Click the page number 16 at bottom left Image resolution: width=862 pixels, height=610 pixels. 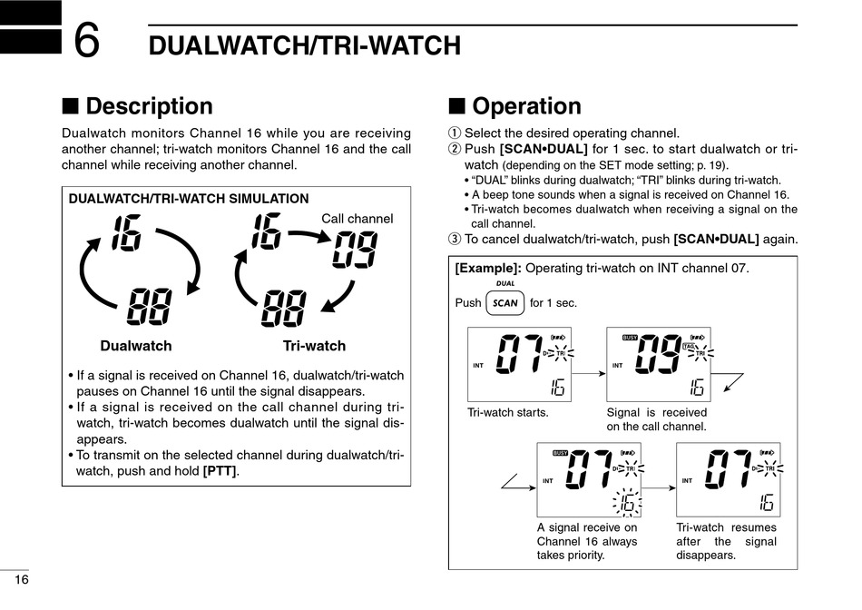pos(21,579)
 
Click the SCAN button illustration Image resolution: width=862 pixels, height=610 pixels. pos(505,303)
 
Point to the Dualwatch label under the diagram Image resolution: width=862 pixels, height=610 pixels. pos(136,346)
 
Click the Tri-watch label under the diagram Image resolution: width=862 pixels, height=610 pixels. pos(314,346)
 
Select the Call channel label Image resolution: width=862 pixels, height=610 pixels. pos(358,218)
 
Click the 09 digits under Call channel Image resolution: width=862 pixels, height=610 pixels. pos(354,250)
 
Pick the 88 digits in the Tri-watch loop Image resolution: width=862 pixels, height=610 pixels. pos(283,309)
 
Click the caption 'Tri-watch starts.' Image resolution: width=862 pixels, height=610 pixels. pos(508,412)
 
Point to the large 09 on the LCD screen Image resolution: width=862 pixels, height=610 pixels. pos(659,356)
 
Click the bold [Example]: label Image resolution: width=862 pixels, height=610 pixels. pos(488,269)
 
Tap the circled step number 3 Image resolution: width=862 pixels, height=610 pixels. pos(455,240)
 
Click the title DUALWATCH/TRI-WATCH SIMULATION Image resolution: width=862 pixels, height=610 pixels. pos(189,199)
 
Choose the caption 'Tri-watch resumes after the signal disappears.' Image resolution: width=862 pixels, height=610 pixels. pos(727,541)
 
